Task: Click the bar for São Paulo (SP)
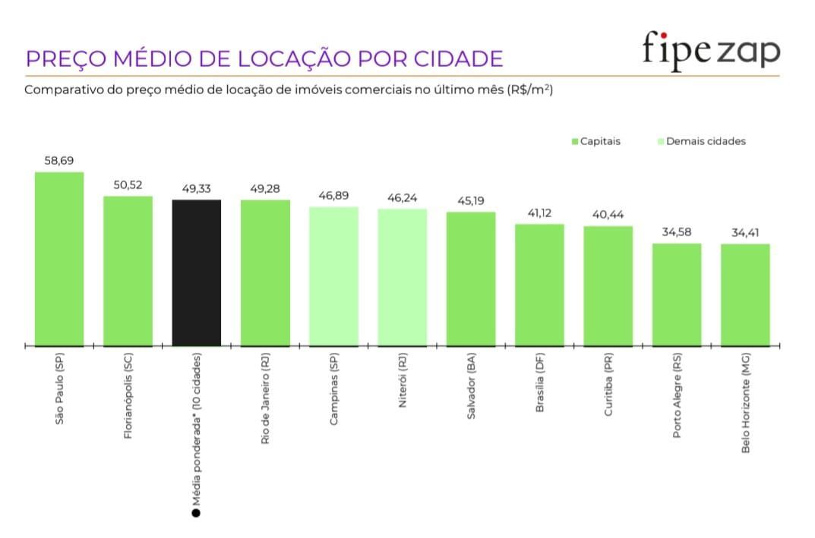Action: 59,259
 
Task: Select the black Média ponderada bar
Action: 197,272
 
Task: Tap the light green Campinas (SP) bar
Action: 333,276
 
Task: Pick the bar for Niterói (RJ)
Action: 402,277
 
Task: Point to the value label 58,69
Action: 59,161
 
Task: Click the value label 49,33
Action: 197,189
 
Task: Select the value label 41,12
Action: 539,213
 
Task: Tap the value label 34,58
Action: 677,232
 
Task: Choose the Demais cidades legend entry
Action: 700,142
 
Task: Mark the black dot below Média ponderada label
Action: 196,514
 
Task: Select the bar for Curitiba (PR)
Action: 608,285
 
